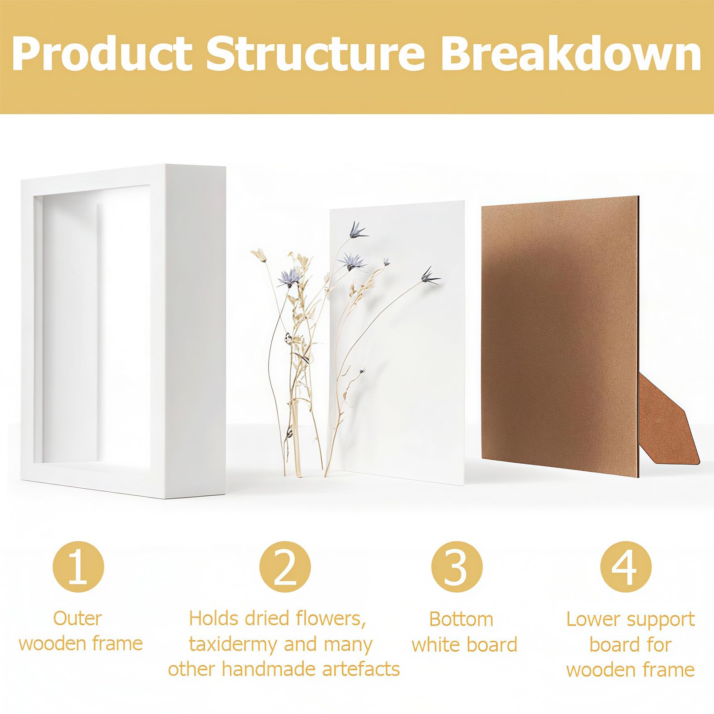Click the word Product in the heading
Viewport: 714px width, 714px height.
102,54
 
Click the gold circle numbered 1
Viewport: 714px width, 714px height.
79,567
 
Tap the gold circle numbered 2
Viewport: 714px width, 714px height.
285,567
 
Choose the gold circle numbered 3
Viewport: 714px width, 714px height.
457,567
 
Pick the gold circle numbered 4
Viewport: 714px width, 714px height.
626,567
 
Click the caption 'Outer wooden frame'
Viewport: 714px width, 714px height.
81,631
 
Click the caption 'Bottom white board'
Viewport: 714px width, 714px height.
464,632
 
